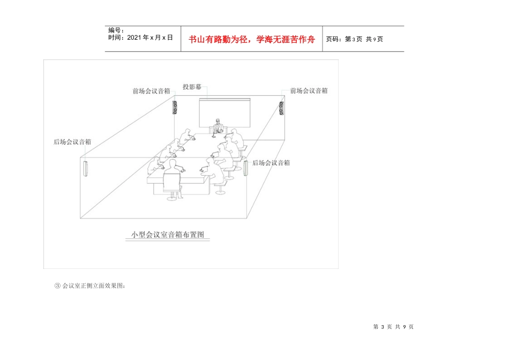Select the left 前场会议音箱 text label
(152, 91)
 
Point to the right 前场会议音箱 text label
(309, 91)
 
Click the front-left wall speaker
(174, 108)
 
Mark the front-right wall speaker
(281, 109)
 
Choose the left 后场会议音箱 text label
(72, 142)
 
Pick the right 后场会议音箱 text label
(271, 163)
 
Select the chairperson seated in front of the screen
(218, 126)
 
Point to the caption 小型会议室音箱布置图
(168, 235)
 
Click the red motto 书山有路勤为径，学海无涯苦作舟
(252, 39)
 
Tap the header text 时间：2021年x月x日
(140, 37)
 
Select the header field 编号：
(116, 31)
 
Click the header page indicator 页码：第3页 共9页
(354, 39)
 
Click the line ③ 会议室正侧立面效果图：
(90, 286)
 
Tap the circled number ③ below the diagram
(57, 286)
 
